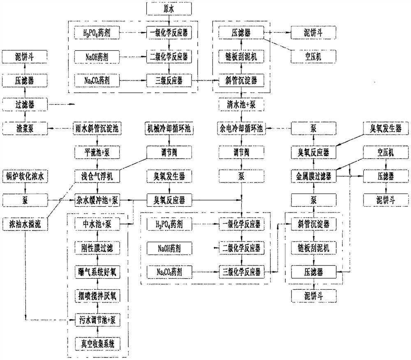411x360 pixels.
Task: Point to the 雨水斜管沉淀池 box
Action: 97,128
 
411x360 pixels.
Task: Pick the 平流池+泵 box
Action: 97,152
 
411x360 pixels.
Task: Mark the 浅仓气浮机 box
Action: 97,176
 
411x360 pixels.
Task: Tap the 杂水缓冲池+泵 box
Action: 97,201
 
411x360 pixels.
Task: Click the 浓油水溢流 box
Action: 25,224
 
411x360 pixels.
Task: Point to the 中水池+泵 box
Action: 97,224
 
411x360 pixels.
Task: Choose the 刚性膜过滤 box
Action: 97,248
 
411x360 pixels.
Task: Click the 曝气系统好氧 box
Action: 97,272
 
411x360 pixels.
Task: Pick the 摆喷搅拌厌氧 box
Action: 97,295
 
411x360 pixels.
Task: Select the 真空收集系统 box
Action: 97,343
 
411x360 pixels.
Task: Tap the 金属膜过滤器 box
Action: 314,176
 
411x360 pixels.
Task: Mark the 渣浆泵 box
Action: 25,128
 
